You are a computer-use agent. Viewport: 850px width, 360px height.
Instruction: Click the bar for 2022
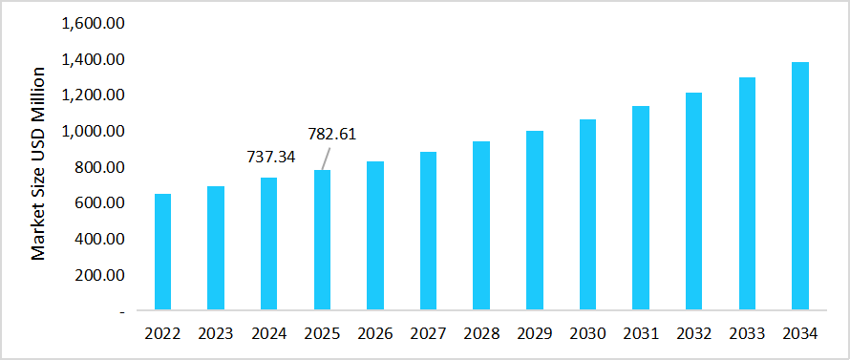click(x=163, y=252)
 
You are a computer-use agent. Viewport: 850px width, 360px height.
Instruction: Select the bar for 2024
click(x=269, y=244)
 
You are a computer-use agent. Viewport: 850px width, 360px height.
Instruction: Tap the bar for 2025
click(x=322, y=240)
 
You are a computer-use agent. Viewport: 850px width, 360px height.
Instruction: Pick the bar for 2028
click(x=481, y=225)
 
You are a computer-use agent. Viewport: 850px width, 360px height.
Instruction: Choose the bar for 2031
click(x=640, y=208)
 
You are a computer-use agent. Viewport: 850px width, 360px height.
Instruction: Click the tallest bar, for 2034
click(x=799, y=186)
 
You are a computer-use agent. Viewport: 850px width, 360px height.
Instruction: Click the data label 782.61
click(x=331, y=134)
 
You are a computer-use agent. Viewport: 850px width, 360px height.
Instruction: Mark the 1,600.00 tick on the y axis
click(x=93, y=23)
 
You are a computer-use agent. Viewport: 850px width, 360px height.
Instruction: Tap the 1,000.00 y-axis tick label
click(x=93, y=131)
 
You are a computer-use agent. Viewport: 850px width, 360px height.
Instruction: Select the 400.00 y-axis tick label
click(x=100, y=239)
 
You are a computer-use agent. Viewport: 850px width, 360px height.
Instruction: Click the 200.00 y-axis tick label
click(x=100, y=275)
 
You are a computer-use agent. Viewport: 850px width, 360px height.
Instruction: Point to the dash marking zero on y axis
click(x=121, y=311)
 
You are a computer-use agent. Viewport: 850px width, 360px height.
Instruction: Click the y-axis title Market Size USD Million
click(x=39, y=163)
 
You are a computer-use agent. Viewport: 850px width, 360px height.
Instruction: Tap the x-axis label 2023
click(x=216, y=333)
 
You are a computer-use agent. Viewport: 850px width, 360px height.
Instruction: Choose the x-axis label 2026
click(x=375, y=333)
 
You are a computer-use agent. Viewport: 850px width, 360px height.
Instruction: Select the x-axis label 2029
click(x=534, y=333)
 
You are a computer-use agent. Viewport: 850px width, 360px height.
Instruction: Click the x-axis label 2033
click(x=746, y=333)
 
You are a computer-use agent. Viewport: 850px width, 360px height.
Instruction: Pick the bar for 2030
click(x=587, y=215)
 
